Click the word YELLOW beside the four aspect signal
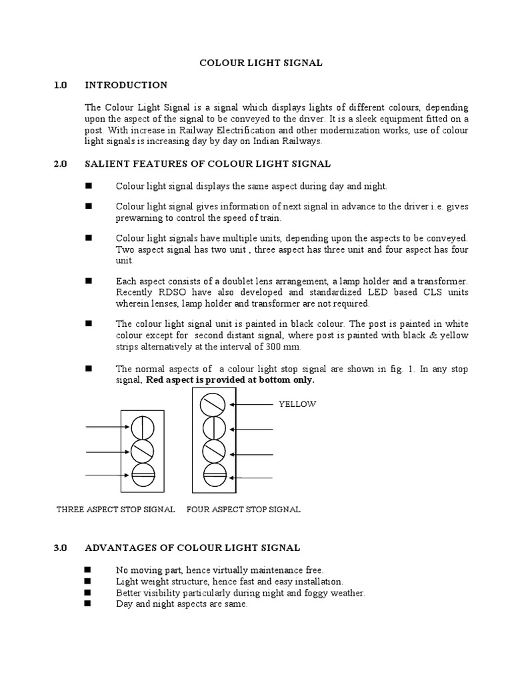tap(297, 404)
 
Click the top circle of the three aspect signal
tap(143, 427)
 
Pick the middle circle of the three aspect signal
tap(143, 452)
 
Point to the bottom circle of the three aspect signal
tap(143, 475)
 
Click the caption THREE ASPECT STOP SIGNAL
tap(116, 509)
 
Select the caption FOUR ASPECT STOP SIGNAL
tap(243, 509)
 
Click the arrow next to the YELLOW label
tap(251, 404)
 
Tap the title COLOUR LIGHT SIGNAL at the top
tap(261, 63)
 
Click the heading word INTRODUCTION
tap(126, 85)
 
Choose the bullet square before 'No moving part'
tap(88, 569)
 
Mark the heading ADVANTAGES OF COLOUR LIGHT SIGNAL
tap(193, 548)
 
